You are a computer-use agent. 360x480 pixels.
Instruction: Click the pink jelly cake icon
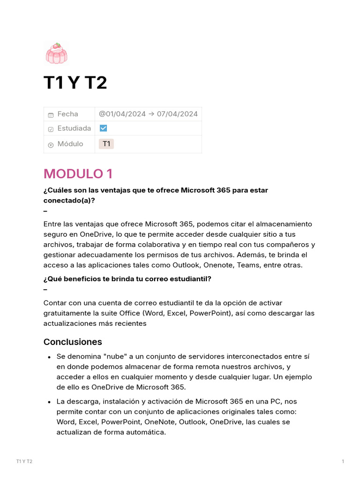[56, 52]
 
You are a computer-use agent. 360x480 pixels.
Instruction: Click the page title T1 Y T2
[75, 83]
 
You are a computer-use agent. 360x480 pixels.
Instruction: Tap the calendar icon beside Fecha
[51, 115]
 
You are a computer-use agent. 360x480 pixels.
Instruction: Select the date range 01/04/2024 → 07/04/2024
[148, 114]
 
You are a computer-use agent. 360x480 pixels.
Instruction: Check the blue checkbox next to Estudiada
[104, 128]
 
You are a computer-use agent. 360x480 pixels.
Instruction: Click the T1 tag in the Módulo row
[106, 144]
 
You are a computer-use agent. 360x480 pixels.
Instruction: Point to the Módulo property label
[70, 144]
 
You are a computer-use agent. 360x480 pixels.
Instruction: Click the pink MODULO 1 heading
[78, 174]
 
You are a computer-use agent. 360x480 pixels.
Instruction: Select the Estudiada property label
[74, 128]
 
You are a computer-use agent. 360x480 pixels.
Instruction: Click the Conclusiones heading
[73, 342]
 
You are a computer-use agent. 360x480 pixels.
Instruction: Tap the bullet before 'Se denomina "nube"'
[49, 357]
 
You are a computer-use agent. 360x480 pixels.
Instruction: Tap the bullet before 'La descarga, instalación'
[49, 402]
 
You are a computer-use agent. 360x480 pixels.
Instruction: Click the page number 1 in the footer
[343, 462]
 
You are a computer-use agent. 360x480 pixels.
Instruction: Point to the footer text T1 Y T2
[24, 462]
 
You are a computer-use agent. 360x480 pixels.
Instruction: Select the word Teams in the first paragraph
[266, 265]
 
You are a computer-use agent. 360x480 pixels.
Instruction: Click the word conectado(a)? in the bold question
[69, 200]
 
